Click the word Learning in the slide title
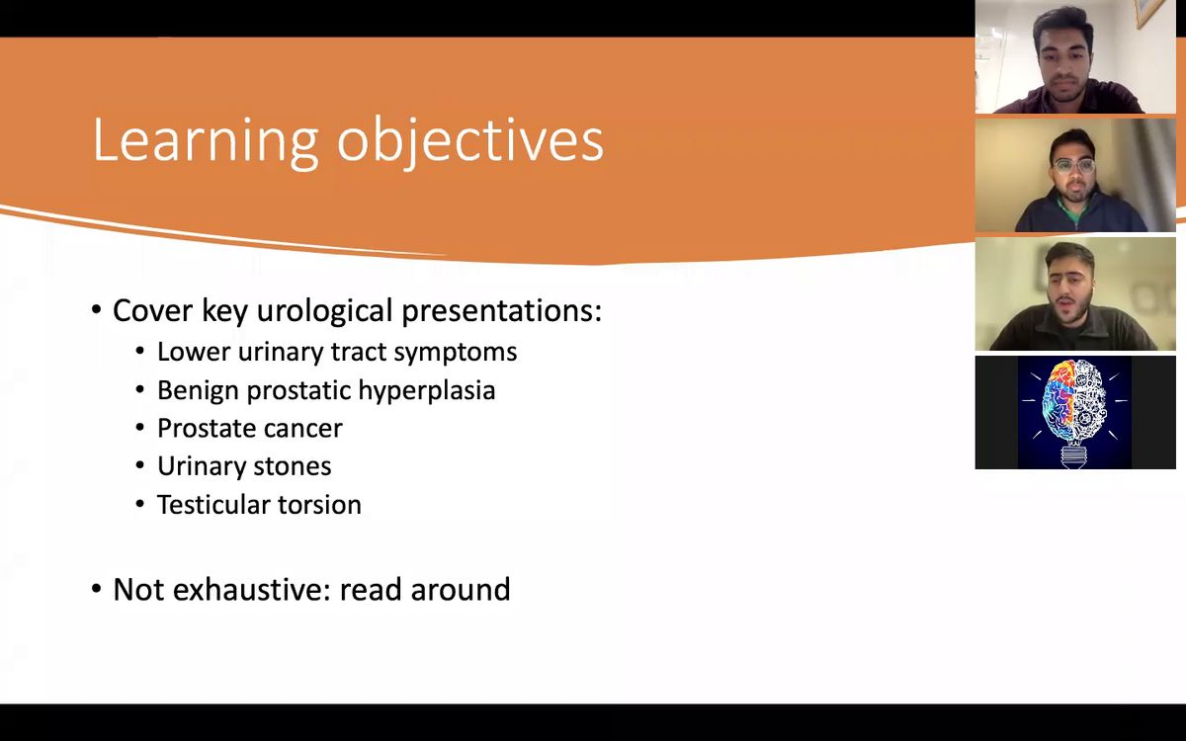(x=206, y=140)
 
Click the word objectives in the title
(x=470, y=140)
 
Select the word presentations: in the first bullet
(x=501, y=310)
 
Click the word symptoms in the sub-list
(x=455, y=353)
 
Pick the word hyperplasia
(x=427, y=390)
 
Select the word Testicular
(x=212, y=505)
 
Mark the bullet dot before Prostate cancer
(x=139, y=428)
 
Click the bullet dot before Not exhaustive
(x=96, y=589)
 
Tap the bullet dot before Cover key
(x=96, y=309)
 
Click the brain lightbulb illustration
(x=1074, y=412)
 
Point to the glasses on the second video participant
(x=1073, y=166)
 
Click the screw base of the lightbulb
(x=1074, y=455)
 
